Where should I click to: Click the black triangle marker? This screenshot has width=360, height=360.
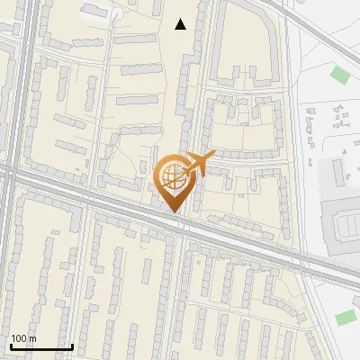181,24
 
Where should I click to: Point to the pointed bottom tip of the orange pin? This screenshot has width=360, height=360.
172,212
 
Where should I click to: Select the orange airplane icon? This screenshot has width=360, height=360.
200,163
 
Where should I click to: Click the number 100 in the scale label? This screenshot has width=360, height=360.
19,338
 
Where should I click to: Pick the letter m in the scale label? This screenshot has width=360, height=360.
32,338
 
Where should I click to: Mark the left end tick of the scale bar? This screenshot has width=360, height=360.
11,346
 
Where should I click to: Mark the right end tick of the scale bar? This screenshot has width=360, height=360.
72,346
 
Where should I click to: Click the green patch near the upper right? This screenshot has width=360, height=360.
340,74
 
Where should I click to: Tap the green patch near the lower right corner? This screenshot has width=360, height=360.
346,317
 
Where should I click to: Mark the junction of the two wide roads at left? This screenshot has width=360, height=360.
11,175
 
